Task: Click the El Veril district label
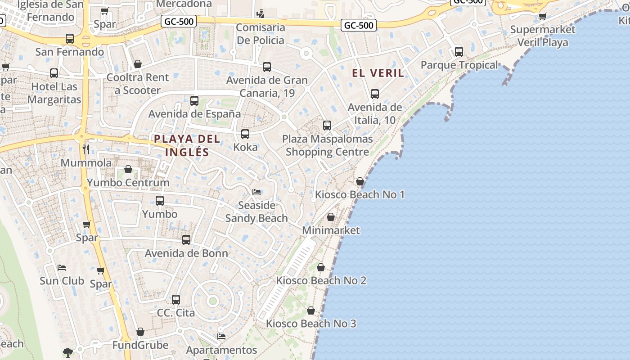tap(378, 73)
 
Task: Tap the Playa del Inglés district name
tap(187, 145)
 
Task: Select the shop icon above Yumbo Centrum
tap(128, 170)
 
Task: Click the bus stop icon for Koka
tap(245, 134)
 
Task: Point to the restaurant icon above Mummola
tap(86, 149)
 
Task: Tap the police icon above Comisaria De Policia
tap(260, 13)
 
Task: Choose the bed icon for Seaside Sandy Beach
tap(256, 192)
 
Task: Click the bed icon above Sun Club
tap(62, 268)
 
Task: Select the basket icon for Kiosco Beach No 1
tap(360, 182)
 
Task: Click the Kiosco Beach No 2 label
tap(321, 281)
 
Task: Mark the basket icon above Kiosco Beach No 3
tap(311, 310)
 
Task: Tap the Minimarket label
tap(331, 230)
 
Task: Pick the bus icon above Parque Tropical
tap(459, 52)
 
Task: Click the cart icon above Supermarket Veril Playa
tap(542, 17)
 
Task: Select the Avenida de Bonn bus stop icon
tap(186, 240)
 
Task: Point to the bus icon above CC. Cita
tap(176, 299)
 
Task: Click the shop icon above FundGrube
tap(140, 332)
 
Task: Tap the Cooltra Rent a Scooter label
tap(138, 84)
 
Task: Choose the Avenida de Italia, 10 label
tap(375, 114)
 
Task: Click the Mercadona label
tap(184, 4)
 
